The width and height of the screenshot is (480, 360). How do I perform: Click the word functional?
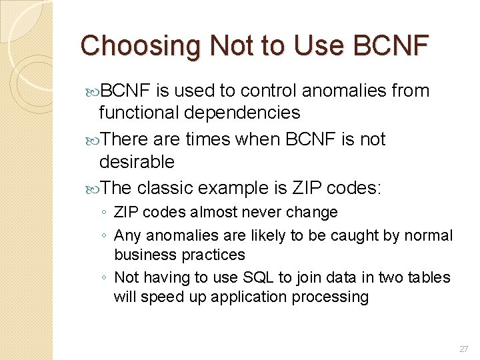(x=141, y=113)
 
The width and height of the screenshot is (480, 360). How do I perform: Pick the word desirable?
(x=137, y=162)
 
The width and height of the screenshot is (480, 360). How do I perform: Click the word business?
(x=145, y=255)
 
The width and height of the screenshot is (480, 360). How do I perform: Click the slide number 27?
(x=464, y=349)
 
